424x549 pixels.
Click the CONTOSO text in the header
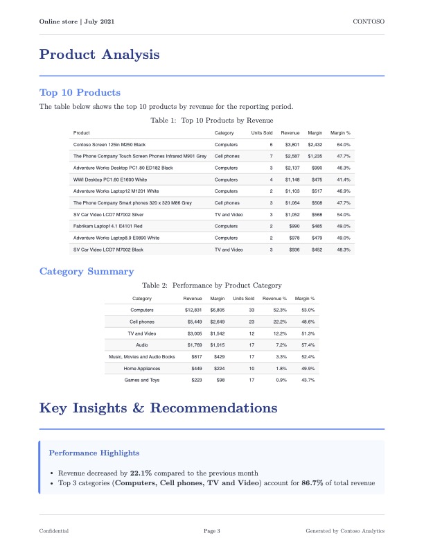369,22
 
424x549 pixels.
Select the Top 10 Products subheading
80,92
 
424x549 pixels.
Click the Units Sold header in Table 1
262,132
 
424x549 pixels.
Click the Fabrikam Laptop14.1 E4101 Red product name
107,225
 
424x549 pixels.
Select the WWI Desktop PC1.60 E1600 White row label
109,180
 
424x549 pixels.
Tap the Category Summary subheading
87,271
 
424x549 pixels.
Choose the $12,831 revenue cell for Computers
192,310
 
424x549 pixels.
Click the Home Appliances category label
141,368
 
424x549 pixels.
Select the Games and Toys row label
141,380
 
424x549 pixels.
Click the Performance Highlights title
94,453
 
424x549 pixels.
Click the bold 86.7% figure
312,483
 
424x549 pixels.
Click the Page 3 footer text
211,531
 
